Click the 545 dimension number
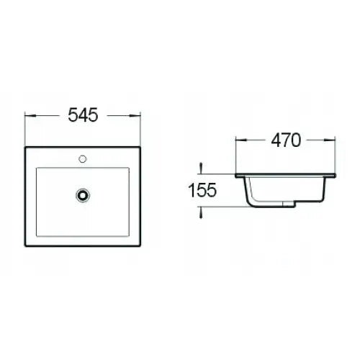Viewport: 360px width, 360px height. (x=81, y=114)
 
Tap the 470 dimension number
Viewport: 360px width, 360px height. (x=285, y=140)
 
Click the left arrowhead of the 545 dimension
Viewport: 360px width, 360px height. (x=27, y=114)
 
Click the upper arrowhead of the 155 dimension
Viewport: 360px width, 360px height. (x=202, y=169)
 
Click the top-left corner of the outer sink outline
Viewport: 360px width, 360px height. (x=25, y=148)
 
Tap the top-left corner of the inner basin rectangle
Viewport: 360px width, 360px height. (x=36, y=168)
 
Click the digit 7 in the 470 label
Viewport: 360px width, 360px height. (x=285, y=140)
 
